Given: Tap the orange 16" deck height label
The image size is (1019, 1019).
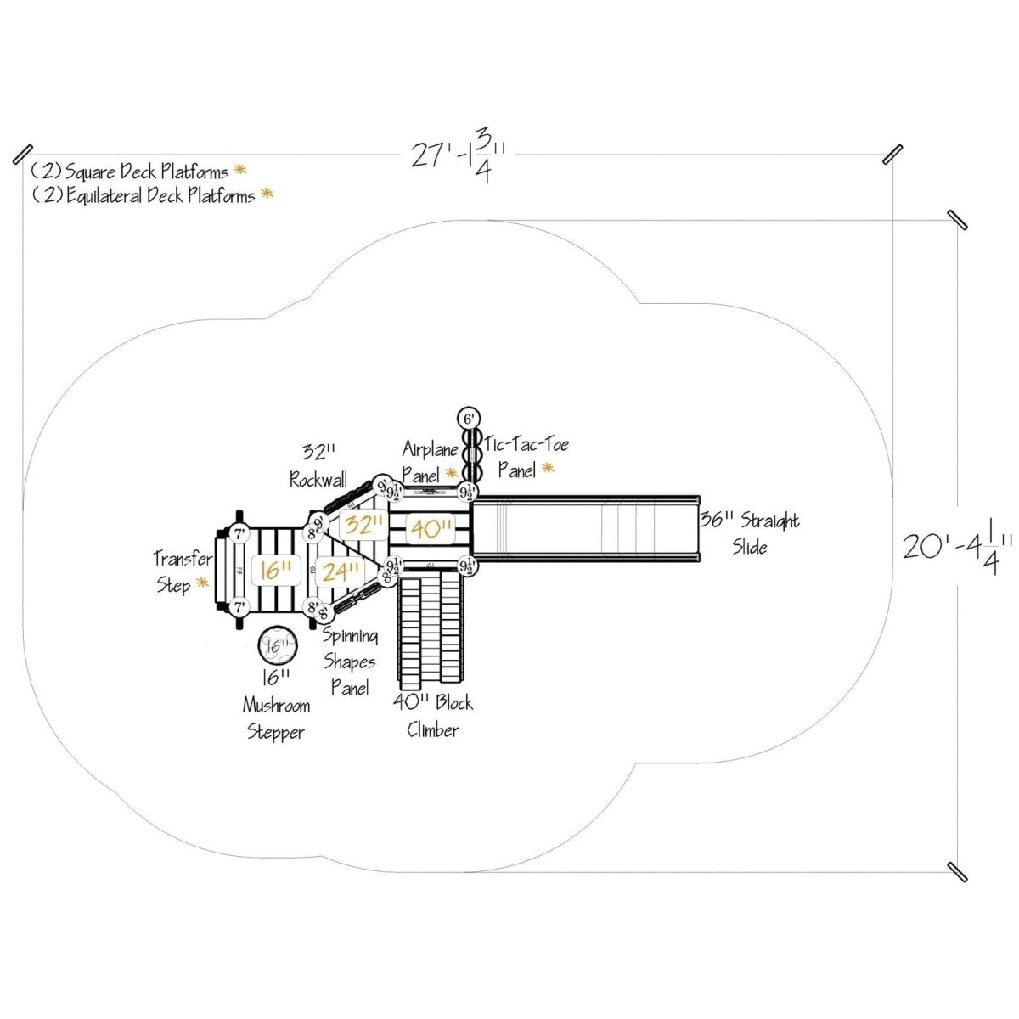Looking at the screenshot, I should tap(276, 570).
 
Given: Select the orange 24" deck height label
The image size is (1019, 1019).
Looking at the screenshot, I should tap(340, 572).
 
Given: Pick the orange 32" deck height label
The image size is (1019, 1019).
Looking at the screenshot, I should tap(364, 524).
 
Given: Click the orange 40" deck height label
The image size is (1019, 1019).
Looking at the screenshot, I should tap(431, 529).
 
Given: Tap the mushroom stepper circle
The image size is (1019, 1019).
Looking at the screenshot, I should tap(277, 646).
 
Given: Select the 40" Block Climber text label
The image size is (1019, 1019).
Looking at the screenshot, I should tap(433, 716).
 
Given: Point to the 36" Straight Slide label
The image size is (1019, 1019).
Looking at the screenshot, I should tap(749, 533).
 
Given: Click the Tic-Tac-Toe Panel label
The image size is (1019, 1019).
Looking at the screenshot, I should tap(526, 456).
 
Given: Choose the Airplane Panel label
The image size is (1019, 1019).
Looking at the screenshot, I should tap(430, 459).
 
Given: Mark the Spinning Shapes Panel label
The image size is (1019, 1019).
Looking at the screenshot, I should tap(350, 662).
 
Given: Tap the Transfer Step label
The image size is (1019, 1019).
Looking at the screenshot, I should tap(182, 571).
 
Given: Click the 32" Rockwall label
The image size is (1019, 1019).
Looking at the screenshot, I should tap(319, 465).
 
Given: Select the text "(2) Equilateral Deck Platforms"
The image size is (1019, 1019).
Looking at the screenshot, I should tap(144, 195).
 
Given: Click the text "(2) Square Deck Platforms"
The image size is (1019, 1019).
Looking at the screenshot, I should tap(130, 171).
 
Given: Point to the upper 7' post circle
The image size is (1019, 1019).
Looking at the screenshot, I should tap(239, 535).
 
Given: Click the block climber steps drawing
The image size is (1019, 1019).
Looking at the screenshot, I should tap(431, 627).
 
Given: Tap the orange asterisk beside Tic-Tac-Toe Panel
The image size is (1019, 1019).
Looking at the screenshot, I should tap(548, 468).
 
